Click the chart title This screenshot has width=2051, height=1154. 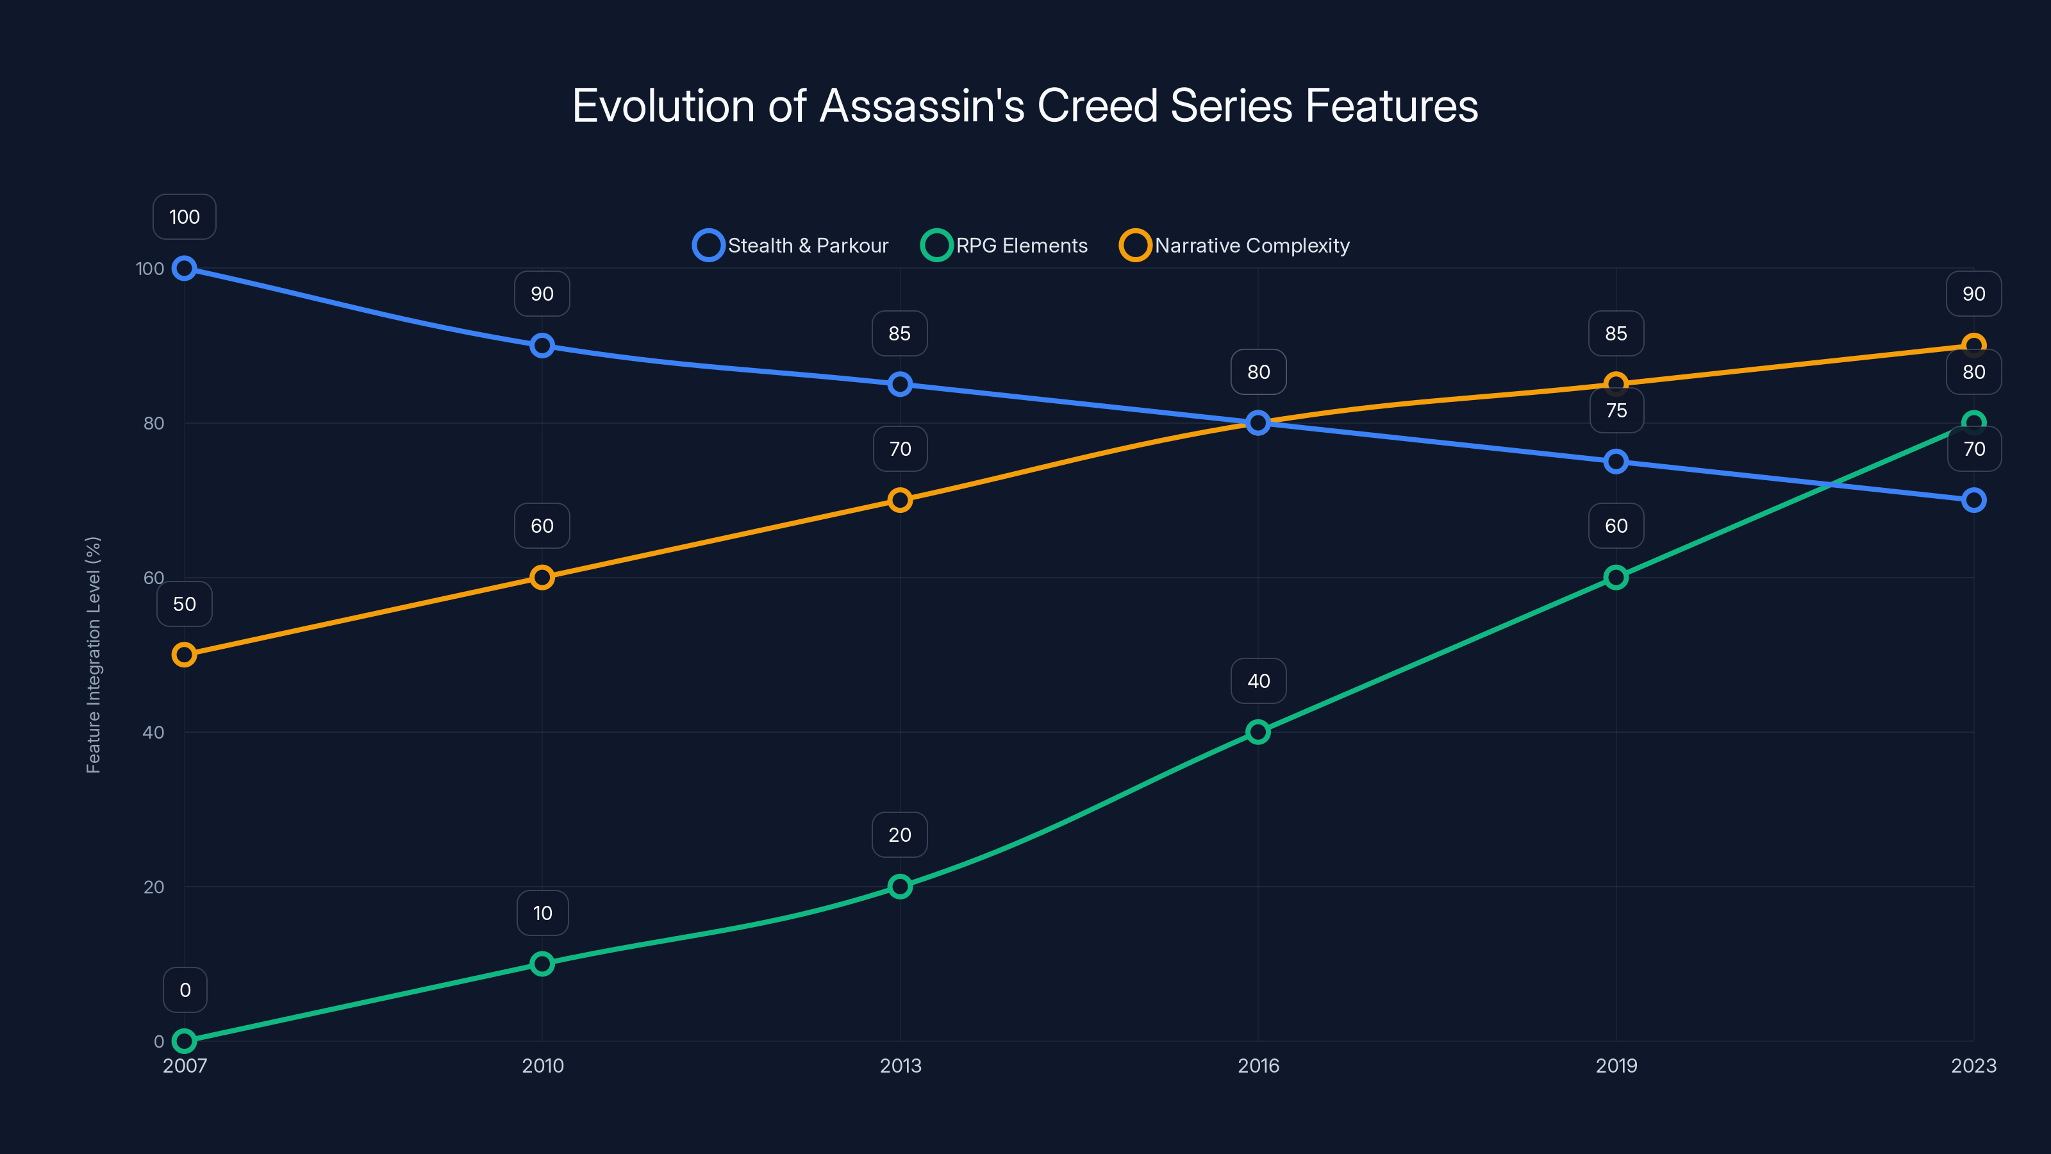coord(1025,106)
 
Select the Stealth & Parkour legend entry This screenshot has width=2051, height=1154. coord(791,246)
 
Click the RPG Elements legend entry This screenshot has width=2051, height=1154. coord(1005,246)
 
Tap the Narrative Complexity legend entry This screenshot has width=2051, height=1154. coord(1235,246)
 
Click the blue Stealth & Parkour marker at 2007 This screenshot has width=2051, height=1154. coord(185,269)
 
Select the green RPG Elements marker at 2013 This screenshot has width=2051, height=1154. coord(900,887)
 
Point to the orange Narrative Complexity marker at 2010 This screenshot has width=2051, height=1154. coord(542,578)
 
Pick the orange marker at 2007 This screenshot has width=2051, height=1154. coord(185,655)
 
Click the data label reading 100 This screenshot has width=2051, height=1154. coord(185,217)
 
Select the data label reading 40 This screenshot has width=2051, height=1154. coord(1258,681)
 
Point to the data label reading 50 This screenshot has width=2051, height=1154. coord(185,604)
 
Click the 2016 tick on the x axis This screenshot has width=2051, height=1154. coord(1258,1066)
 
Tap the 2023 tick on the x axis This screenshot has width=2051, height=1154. coord(1973,1066)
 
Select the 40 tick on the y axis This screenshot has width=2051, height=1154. coord(154,732)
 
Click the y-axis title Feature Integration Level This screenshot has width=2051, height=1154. coord(93,655)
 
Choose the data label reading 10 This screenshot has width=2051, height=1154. coord(542,913)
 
